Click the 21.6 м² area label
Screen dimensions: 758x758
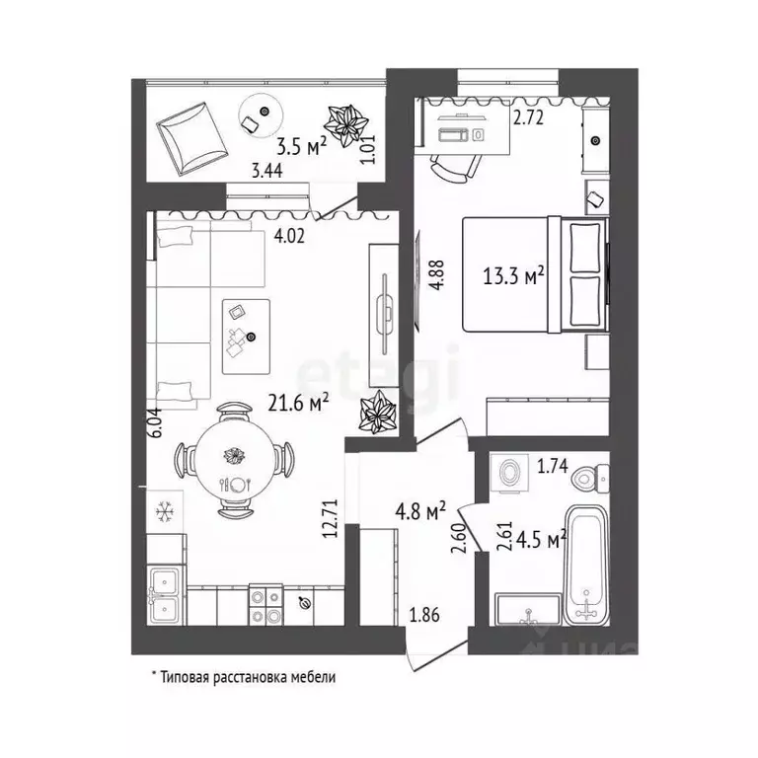coord(298,403)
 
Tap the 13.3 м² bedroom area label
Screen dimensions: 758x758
coord(513,276)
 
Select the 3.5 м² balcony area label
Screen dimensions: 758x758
coord(302,146)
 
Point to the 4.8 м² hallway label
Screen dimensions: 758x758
coord(420,511)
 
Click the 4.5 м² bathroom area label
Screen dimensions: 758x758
coord(541,540)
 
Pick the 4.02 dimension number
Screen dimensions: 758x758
coord(289,237)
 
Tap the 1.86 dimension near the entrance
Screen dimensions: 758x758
coord(424,616)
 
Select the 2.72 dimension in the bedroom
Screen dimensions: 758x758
coord(528,118)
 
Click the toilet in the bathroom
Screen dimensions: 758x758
coord(590,478)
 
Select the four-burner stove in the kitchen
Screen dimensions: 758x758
coord(265,605)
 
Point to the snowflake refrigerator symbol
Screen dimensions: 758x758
coord(165,511)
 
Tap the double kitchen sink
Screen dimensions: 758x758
coord(165,595)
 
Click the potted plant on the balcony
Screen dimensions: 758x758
coord(345,125)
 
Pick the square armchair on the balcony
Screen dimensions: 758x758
coord(191,139)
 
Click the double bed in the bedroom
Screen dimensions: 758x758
coord(535,274)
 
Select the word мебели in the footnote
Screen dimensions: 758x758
coord(313,677)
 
